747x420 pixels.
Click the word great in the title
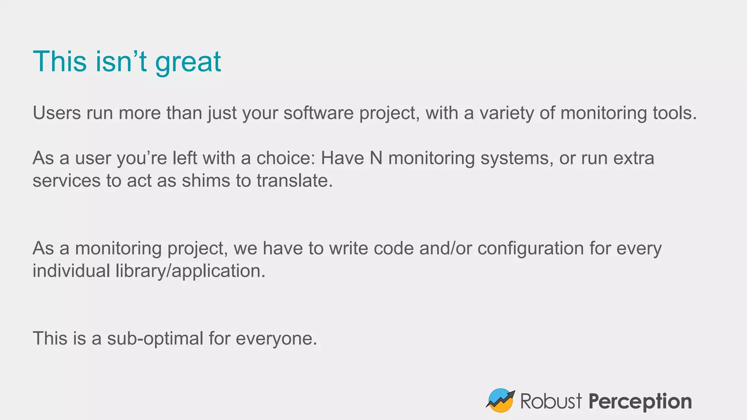pos(188,62)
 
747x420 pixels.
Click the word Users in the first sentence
pos(57,113)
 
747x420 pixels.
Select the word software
pos(318,113)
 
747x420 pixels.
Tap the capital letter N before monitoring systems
pos(376,158)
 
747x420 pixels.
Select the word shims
pos(206,181)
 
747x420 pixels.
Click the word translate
pos(294,181)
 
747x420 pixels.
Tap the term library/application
pos(190,271)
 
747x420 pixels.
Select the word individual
pos(71,271)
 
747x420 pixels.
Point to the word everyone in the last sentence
pos(276,338)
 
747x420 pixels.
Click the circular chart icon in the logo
pos(500,400)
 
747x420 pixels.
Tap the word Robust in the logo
pos(551,401)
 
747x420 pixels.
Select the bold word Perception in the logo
pos(640,401)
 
